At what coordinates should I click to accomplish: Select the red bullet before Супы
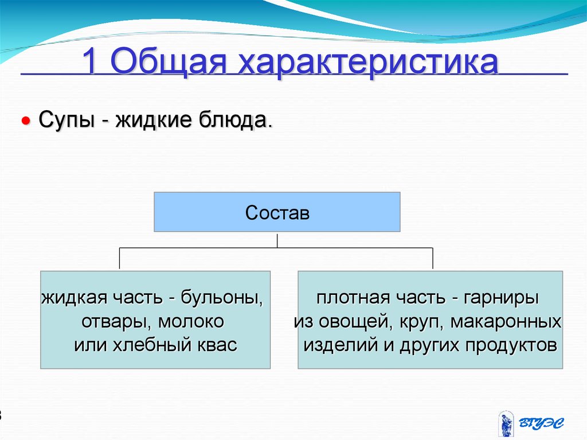tap(25, 122)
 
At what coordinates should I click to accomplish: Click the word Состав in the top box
tap(277, 213)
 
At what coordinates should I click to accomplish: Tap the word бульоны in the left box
tap(222, 298)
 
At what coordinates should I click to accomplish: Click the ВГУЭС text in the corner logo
tap(541, 423)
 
